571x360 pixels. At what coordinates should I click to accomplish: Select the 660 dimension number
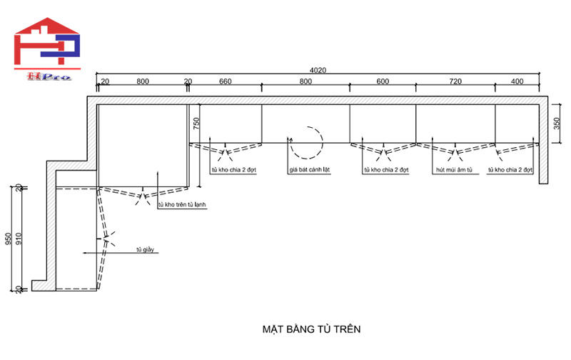point(225,81)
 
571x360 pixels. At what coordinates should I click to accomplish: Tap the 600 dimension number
point(383,81)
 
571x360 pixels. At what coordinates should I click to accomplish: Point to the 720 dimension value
point(455,81)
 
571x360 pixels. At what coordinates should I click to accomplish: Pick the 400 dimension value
point(517,81)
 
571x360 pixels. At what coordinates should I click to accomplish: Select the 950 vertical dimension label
point(9,238)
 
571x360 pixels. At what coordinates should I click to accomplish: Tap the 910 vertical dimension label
point(19,238)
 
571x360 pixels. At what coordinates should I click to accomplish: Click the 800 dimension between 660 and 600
point(305,81)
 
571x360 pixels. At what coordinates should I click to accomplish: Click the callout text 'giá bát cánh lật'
point(310,171)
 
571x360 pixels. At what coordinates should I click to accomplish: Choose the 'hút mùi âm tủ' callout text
point(454,171)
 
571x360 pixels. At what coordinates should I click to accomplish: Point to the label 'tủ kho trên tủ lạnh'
point(182,205)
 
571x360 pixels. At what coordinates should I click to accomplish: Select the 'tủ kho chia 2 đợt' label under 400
point(510,171)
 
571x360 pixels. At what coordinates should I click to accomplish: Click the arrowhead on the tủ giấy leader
point(85,252)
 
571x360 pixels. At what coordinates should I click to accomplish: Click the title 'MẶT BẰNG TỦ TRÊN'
point(312,329)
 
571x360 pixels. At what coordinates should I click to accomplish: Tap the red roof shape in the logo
point(48,26)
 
